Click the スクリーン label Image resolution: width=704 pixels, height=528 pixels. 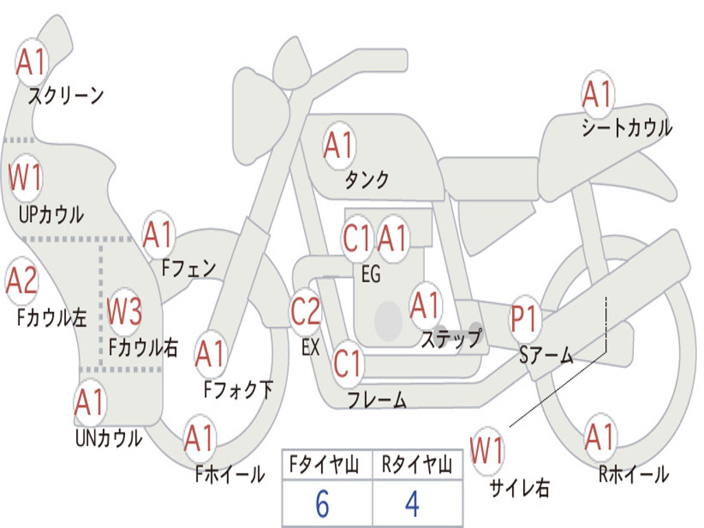click(66, 95)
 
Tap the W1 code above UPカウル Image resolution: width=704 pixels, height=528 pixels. click(25, 177)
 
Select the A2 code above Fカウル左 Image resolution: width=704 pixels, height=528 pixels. click(21, 280)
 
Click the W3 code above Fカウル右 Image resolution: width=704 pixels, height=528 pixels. click(124, 311)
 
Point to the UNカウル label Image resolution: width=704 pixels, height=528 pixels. click(109, 438)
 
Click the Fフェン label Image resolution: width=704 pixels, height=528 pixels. click(188, 268)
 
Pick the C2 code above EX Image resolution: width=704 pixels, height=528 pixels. click(305, 311)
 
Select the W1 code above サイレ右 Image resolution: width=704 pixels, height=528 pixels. click(487, 450)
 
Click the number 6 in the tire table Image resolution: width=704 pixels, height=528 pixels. click(322, 504)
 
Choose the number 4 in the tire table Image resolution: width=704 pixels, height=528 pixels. click(412, 504)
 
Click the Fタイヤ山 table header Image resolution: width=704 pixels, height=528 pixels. click(324, 464)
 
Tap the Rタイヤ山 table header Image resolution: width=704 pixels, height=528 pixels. click(417, 464)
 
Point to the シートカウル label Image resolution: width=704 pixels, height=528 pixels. click(627, 127)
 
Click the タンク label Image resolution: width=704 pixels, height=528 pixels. click(366, 179)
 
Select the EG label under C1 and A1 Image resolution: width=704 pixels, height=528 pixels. click(371, 274)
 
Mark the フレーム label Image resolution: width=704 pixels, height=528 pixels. click(377, 399)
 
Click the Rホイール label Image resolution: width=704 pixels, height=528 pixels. click(633, 474)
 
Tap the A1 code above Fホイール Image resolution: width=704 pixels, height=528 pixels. click(199, 438)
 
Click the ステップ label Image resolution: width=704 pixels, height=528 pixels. click(451, 338)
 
